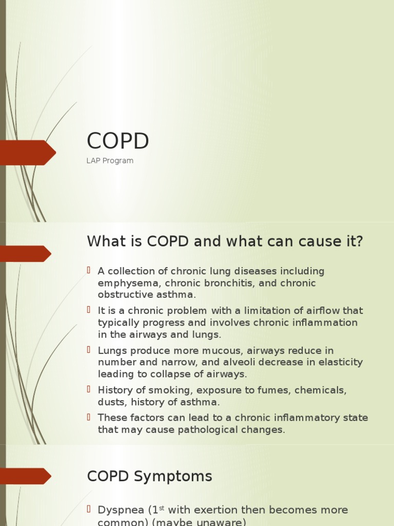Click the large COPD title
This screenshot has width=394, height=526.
[x=118, y=141]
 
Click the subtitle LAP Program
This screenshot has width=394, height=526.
[x=110, y=161]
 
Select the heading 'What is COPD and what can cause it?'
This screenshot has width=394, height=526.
[x=225, y=241]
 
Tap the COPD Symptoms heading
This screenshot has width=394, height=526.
[x=149, y=476]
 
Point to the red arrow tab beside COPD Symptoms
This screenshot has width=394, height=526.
[x=25, y=476]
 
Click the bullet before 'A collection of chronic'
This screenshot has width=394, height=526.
[x=89, y=270]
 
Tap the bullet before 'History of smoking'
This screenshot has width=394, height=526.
[x=89, y=390]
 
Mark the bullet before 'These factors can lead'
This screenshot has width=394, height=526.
[x=89, y=417]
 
